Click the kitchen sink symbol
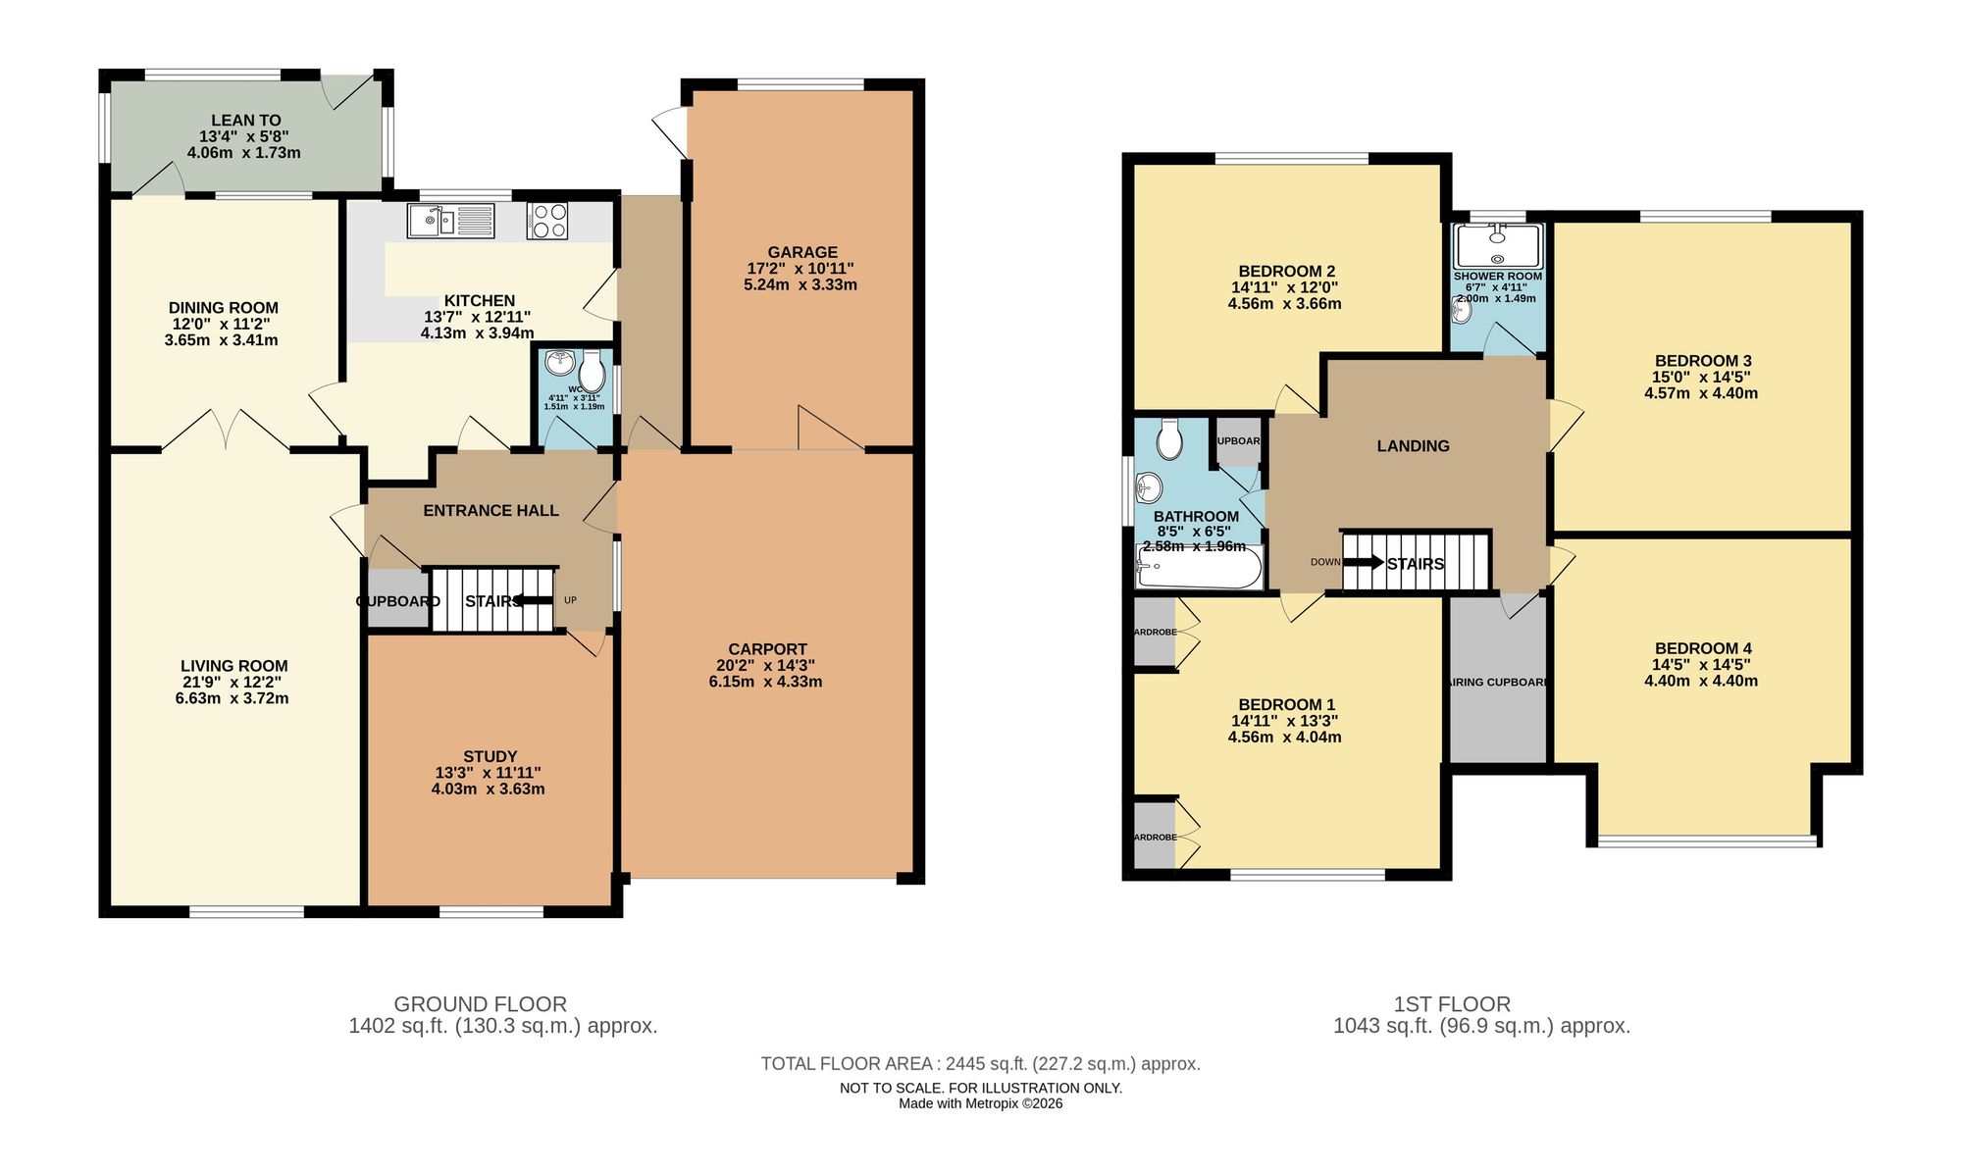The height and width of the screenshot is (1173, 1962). pos(451,220)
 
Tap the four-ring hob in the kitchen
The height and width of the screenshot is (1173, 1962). pos(547,220)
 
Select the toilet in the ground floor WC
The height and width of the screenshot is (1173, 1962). pos(592,372)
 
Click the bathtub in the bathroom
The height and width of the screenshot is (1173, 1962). pos(1199,567)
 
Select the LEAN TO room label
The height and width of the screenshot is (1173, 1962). pos(245,121)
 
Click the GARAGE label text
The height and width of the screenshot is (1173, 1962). pos(802,252)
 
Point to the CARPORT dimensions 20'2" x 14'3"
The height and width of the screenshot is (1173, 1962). pos(765,665)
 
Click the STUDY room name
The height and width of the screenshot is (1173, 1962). pos(490,756)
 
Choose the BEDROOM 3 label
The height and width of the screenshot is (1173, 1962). pos(1702,361)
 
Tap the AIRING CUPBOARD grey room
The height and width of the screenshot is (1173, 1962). pos(1498,681)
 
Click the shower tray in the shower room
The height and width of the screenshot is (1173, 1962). pos(1498,245)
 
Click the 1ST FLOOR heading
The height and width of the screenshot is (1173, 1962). pos(1452,1004)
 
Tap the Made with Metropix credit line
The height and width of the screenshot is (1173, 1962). pos(980,1103)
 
